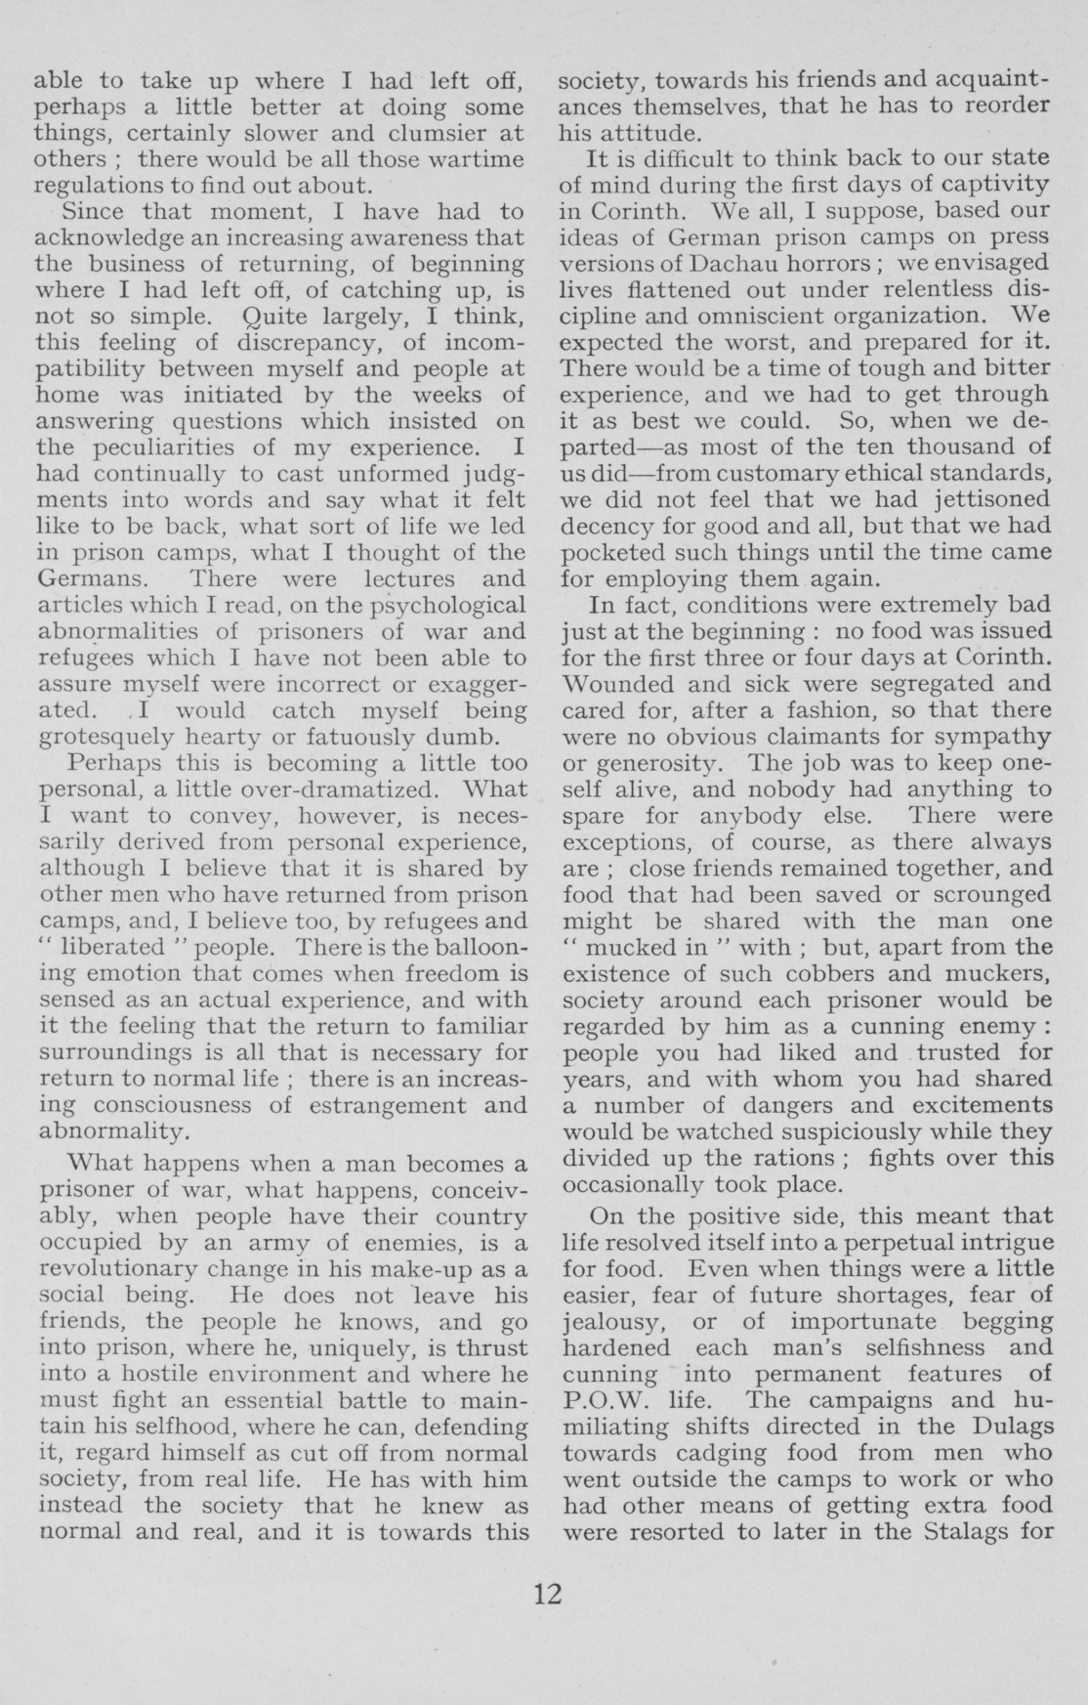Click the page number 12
click(548, 1594)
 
